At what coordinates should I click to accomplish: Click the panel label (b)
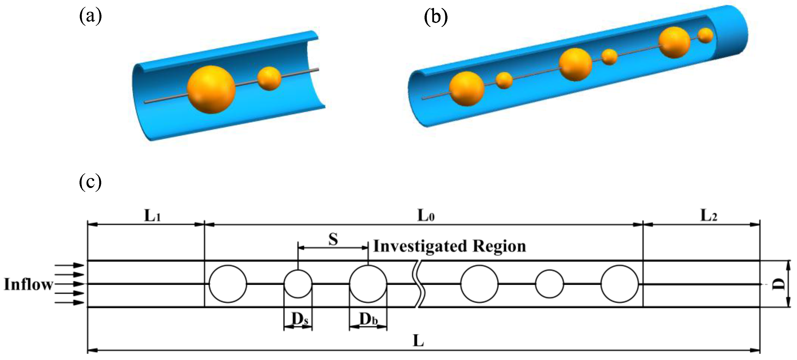click(436, 17)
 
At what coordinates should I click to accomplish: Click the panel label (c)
click(90, 182)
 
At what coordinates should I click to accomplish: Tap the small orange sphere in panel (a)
click(269, 79)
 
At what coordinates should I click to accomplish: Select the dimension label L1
click(153, 216)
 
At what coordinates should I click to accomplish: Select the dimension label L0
click(426, 216)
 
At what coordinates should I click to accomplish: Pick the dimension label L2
click(708, 216)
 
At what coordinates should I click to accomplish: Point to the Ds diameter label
click(299, 319)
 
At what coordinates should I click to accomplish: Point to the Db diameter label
click(368, 319)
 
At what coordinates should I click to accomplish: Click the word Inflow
click(28, 284)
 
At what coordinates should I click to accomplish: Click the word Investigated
click(420, 247)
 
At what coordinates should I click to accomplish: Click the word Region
click(499, 247)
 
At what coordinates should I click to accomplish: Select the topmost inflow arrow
click(70, 265)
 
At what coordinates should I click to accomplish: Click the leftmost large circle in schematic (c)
click(228, 284)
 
